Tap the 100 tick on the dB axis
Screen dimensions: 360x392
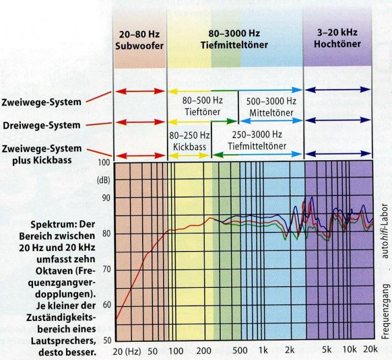[x=103, y=163]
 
